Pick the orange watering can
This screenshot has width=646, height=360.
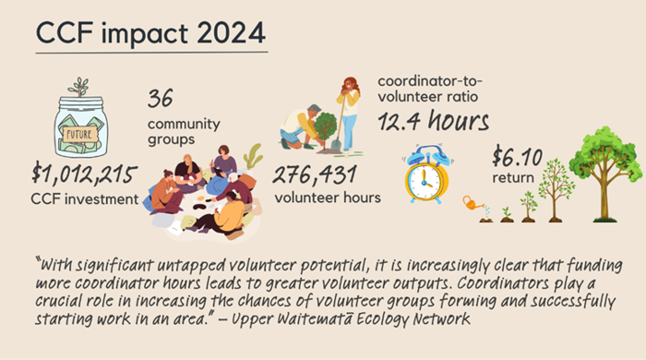473,202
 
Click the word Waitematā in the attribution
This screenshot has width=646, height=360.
365,320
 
